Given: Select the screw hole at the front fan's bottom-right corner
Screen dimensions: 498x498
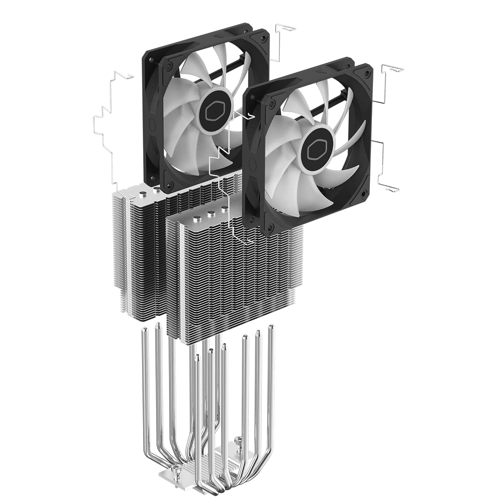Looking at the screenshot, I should [x=364, y=193].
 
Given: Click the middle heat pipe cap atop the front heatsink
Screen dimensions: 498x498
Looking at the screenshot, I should [x=210, y=214].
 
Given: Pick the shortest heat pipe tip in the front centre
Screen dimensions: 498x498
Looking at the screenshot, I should [x=198, y=357].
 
